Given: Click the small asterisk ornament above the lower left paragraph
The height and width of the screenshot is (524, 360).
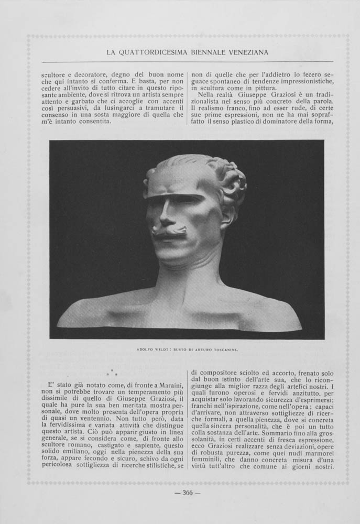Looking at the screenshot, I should coord(112,374).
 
